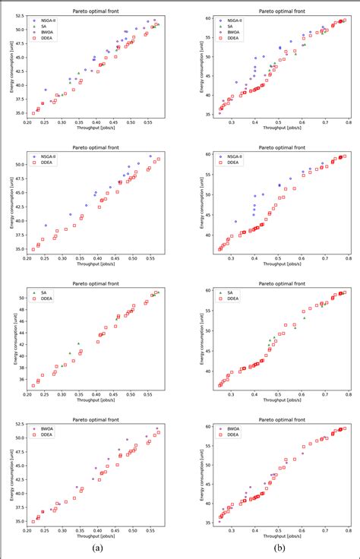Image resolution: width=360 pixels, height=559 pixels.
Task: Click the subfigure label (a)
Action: pyautogui.click(x=95, y=547)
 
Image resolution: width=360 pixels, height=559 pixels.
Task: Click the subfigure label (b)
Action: pyautogui.click(x=279, y=547)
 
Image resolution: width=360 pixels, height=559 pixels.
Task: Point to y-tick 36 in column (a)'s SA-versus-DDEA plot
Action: pyautogui.click(x=21, y=380)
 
